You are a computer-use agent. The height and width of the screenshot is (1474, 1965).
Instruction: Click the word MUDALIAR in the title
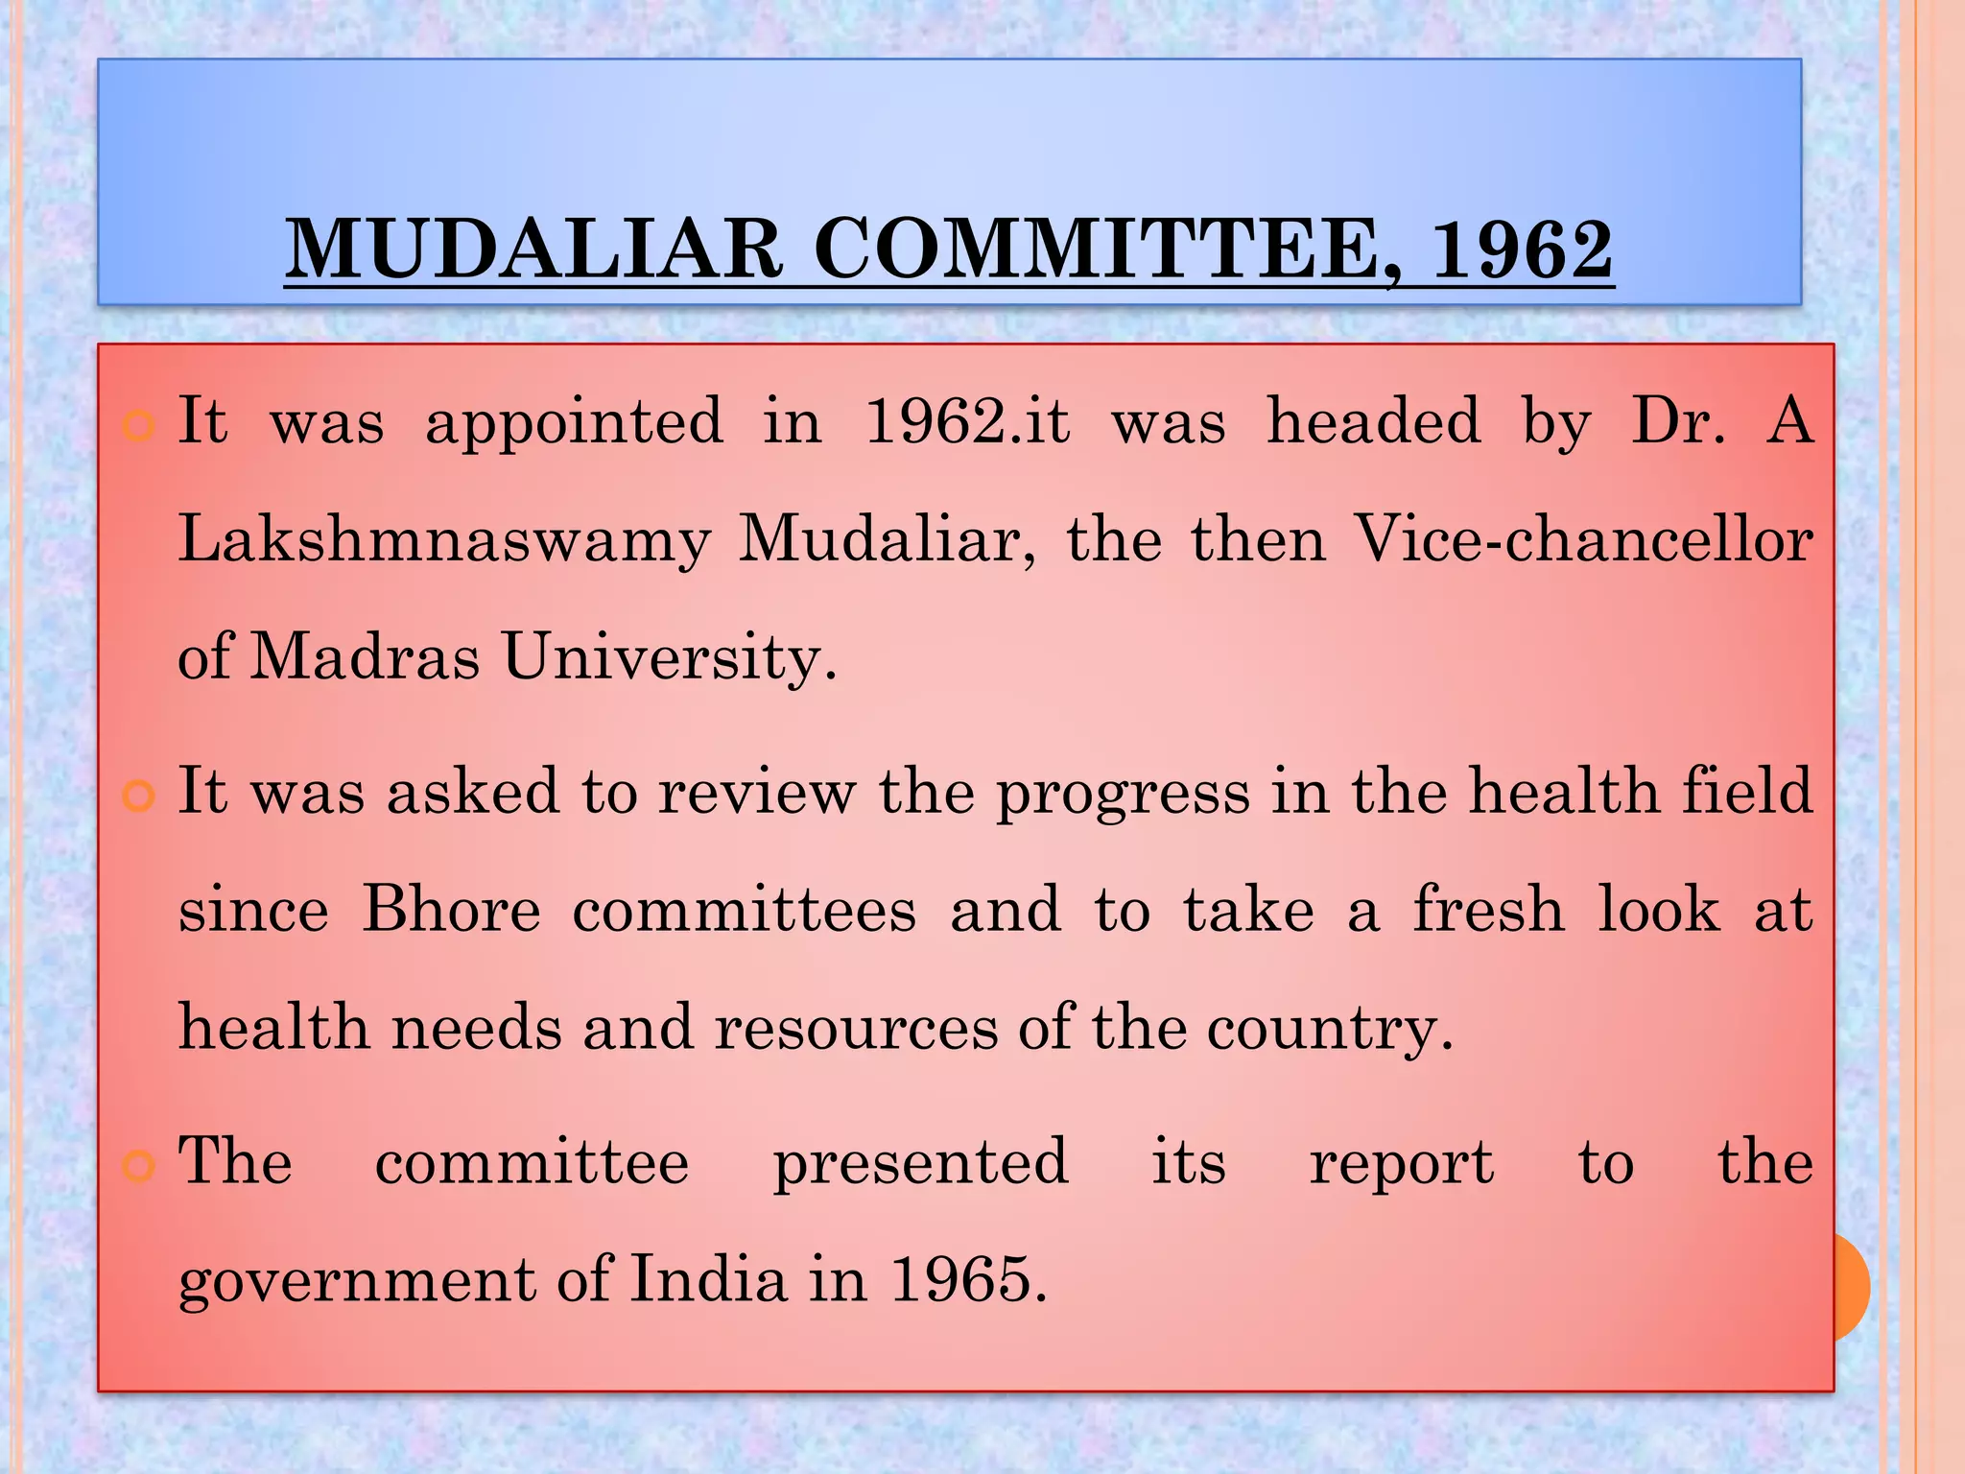pyautogui.click(x=533, y=250)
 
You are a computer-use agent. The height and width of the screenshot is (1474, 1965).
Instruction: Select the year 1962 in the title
pyautogui.click(x=1522, y=250)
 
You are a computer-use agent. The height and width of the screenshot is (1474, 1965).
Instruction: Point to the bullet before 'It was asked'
pyautogui.click(x=139, y=796)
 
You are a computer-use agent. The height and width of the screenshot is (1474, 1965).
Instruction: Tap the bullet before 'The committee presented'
pyautogui.click(x=139, y=1166)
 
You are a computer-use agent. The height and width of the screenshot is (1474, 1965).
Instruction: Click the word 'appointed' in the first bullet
pyautogui.click(x=574, y=422)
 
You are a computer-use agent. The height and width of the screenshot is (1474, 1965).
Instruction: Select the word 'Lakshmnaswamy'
pyautogui.click(x=444, y=539)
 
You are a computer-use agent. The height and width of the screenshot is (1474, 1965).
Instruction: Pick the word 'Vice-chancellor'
pyautogui.click(x=1583, y=539)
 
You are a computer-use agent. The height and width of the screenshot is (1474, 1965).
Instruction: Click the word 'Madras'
pyautogui.click(x=365, y=657)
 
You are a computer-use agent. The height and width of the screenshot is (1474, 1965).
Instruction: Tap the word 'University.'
pyautogui.click(x=670, y=659)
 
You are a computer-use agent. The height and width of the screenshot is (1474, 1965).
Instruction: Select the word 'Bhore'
pyautogui.click(x=451, y=909)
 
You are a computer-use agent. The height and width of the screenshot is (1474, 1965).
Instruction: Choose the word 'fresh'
pyautogui.click(x=1488, y=909)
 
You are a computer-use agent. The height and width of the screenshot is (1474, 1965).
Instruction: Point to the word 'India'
pyautogui.click(x=708, y=1279)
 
